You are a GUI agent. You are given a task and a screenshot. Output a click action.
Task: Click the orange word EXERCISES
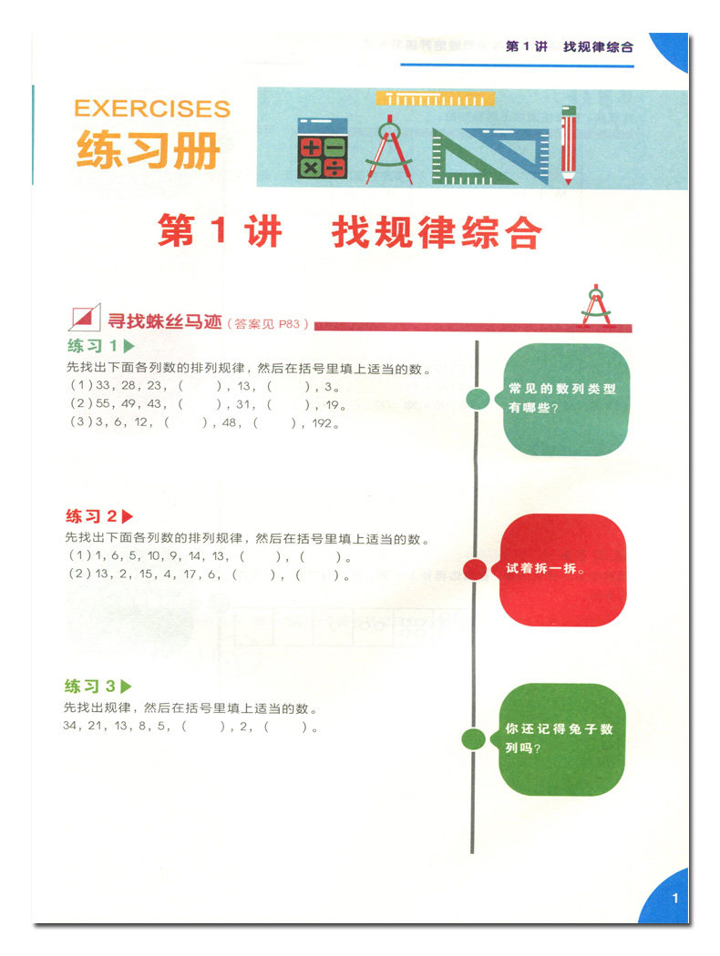(152, 108)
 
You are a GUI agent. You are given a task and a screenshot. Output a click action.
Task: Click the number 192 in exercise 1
(324, 422)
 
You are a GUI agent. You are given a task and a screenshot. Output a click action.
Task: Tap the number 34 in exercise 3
(73, 727)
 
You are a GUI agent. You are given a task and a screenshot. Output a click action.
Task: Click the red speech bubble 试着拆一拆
(562, 569)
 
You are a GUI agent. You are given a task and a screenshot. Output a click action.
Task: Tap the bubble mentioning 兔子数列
(562, 738)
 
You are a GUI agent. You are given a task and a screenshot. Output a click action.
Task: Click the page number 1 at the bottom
(675, 898)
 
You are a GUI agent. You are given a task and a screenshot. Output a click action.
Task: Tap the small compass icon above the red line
(597, 305)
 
